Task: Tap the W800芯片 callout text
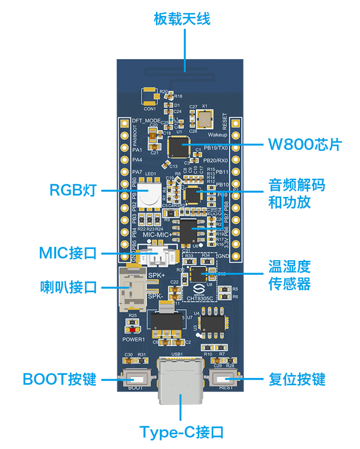click(x=304, y=145)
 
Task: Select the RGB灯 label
click(x=73, y=190)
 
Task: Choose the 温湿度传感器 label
click(x=290, y=274)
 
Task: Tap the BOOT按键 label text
click(x=60, y=379)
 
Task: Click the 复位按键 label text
click(x=297, y=379)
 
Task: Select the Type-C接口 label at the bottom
click(x=181, y=432)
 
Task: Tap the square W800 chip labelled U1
click(x=178, y=147)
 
